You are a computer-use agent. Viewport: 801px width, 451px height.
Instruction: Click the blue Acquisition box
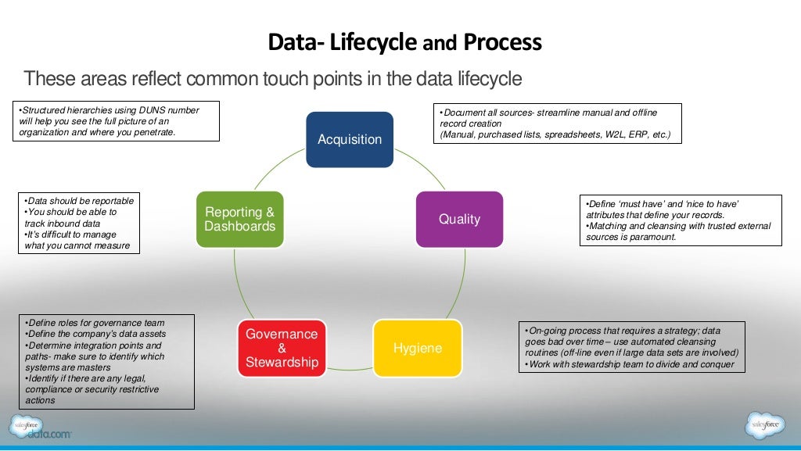(349, 140)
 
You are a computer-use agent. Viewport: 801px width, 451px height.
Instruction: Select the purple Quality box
(459, 220)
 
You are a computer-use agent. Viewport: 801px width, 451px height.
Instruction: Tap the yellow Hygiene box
(417, 349)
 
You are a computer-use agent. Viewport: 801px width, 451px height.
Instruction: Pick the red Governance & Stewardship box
(282, 349)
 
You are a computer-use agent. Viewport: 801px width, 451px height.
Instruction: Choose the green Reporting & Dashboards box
(239, 220)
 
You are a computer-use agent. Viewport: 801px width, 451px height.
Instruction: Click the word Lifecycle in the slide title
(372, 41)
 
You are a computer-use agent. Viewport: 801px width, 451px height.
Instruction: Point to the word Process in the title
(502, 41)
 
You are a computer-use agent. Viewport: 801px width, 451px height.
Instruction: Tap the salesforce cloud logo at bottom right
(764, 426)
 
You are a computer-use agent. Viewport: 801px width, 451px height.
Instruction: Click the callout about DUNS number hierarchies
(117, 121)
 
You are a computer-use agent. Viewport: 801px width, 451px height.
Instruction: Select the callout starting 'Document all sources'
(557, 123)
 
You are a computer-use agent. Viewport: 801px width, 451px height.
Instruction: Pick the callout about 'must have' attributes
(680, 220)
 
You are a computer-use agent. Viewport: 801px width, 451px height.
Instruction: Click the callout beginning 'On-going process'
(631, 347)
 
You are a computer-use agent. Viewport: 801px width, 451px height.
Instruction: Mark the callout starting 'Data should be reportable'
(78, 224)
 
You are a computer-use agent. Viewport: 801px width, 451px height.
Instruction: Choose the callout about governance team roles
(106, 361)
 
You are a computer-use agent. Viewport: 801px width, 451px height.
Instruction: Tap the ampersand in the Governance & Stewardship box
(282, 349)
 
